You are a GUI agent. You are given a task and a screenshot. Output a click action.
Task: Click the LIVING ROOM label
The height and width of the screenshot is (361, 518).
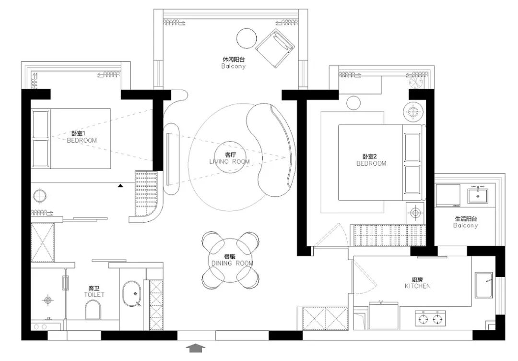[230, 162]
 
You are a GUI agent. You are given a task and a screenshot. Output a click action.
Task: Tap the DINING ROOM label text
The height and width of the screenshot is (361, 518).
[232, 263]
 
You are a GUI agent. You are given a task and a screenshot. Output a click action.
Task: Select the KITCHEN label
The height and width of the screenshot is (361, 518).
[418, 286]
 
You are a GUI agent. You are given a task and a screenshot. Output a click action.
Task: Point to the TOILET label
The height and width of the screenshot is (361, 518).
[94, 295]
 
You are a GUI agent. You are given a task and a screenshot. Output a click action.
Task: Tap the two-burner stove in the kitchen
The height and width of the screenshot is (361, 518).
[430, 318]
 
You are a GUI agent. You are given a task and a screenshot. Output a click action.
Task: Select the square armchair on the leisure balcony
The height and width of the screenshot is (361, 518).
[275, 48]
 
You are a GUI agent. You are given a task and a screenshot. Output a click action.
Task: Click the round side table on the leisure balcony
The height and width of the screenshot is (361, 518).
[247, 38]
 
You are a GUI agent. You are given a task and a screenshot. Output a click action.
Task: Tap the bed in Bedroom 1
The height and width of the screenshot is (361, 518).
[71, 139]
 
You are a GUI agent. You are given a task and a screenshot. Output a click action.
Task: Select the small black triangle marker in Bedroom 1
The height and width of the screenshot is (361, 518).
[120, 186]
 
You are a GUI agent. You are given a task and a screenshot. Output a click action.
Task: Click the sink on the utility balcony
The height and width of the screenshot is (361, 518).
[477, 195]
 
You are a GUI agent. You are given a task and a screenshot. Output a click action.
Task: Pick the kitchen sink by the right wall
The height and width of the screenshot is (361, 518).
[483, 285]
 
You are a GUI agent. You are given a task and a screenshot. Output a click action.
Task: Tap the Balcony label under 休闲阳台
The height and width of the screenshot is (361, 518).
[234, 66]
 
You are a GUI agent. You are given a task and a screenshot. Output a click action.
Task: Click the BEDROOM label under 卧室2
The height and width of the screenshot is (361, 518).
[371, 163]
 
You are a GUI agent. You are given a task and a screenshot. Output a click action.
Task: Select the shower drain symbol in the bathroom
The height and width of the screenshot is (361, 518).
[48, 300]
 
